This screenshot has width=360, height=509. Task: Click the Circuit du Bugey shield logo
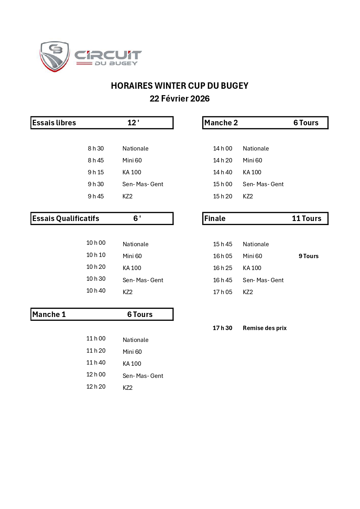click(x=55, y=56)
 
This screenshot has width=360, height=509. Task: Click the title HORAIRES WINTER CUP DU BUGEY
click(x=180, y=86)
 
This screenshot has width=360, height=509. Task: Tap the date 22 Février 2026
click(x=180, y=99)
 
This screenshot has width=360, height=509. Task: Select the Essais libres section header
click(x=54, y=123)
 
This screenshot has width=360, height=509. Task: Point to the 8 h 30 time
click(x=96, y=148)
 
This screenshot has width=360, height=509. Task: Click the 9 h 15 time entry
click(x=96, y=172)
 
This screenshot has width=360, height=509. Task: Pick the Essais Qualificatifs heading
click(x=66, y=218)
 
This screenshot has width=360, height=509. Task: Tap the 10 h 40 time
click(x=96, y=291)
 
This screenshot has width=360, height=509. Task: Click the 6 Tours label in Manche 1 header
click(x=140, y=314)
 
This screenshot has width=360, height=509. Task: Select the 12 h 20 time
click(x=96, y=387)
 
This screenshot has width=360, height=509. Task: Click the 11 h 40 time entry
click(x=96, y=363)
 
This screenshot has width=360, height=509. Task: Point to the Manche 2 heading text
click(x=221, y=123)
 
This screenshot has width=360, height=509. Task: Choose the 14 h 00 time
click(x=222, y=148)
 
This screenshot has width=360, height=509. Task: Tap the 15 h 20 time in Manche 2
click(x=222, y=196)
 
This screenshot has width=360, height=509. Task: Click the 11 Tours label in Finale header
click(x=307, y=218)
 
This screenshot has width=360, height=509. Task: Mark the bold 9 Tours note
click(x=309, y=256)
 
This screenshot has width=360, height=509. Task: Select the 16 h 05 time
click(x=222, y=256)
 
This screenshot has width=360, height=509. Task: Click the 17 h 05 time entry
click(x=222, y=292)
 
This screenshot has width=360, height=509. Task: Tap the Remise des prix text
click(x=265, y=328)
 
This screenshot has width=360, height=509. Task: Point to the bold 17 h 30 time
click(x=222, y=328)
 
